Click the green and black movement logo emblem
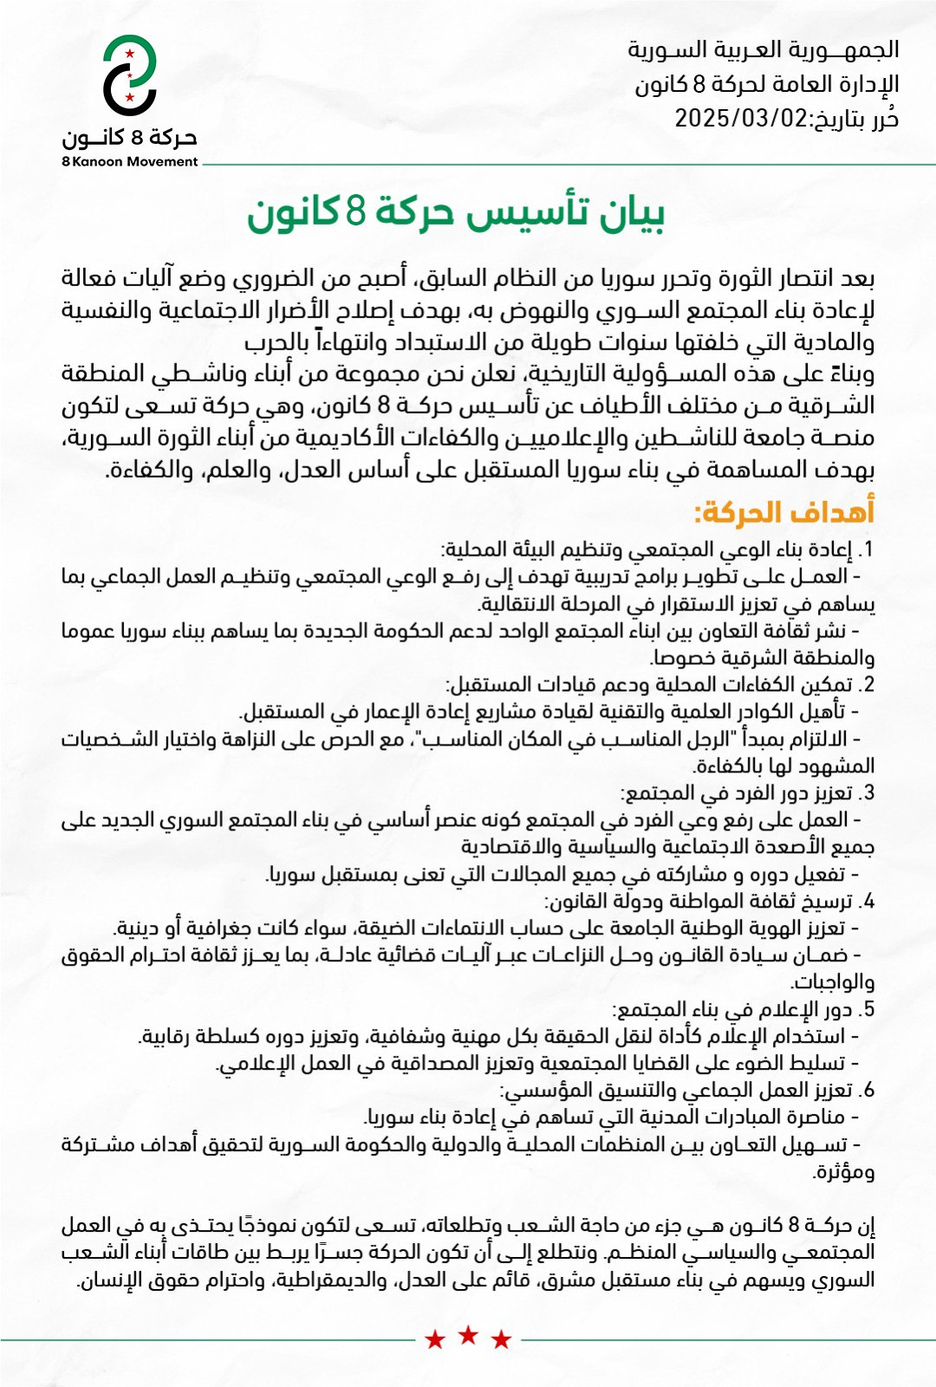130,76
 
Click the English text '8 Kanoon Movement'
130,161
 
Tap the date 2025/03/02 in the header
741,118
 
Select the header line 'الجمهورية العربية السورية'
764,49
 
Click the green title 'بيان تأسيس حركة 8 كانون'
456,214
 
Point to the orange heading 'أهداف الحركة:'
784,512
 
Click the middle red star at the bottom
468,1335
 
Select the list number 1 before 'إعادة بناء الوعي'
868,550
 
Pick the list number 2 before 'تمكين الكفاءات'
868,685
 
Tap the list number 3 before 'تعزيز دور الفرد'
868,793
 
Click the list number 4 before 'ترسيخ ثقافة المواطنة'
868,902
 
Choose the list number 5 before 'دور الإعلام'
868,1010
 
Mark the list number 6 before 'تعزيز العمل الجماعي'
868,1091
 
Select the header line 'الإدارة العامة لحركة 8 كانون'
767,84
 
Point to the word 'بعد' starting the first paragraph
858,278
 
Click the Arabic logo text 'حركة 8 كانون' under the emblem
130,139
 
